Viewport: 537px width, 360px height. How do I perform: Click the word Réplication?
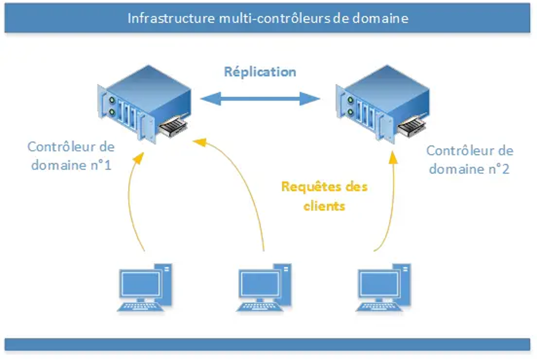tap(260, 72)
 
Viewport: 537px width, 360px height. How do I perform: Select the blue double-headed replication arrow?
tap(260, 99)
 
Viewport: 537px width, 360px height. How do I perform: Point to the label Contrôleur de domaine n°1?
tap(71, 156)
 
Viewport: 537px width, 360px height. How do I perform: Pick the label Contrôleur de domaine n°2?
tap(469, 160)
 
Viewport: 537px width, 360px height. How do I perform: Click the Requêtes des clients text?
tap(324, 196)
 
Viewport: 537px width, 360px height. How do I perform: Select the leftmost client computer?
tap(145, 288)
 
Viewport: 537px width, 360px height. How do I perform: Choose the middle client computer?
tap(264, 288)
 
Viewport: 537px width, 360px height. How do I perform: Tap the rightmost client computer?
tap(383, 288)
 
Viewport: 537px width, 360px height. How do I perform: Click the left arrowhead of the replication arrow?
tap(210, 99)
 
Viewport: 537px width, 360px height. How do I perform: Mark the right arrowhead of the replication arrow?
tap(310, 99)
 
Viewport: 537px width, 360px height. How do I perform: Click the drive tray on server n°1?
tap(173, 126)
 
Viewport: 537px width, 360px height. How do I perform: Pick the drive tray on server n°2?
tap(412, 126)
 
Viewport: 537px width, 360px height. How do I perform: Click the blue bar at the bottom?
tap(268, 344)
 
